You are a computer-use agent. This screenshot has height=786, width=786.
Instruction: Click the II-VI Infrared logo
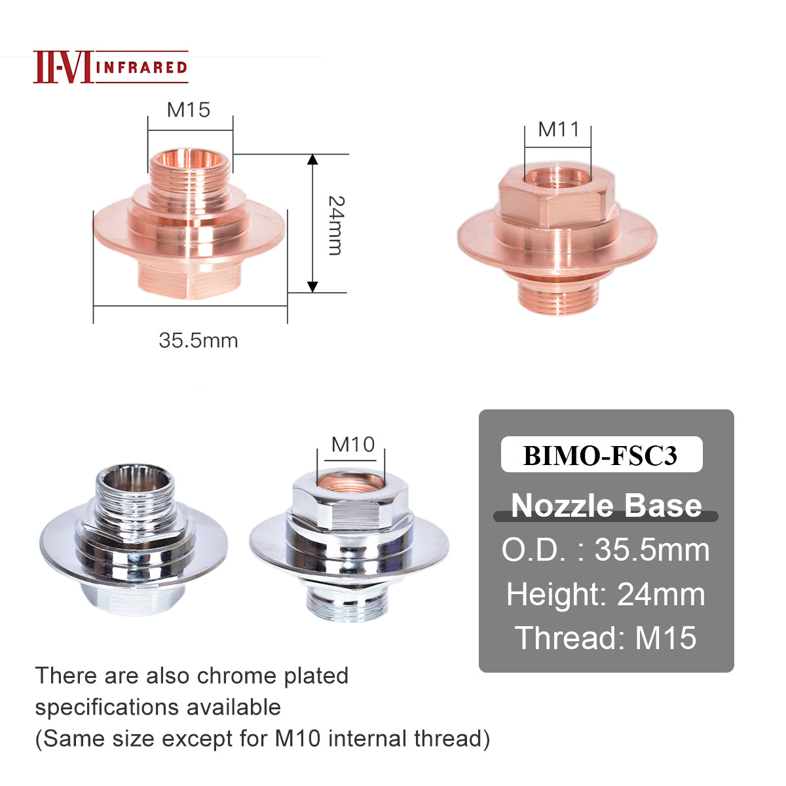[x=110, y=67]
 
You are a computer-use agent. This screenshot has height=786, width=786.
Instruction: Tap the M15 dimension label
[x=189, y=109]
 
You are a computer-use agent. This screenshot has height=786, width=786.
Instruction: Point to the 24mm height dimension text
[x=335, y=225]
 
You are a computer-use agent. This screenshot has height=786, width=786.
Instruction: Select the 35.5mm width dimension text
[x=198, y=341]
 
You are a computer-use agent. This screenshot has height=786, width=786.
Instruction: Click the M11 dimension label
[x=558, y=129]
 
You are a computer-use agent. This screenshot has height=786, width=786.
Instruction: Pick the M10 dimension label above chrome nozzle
[x=352, y=445]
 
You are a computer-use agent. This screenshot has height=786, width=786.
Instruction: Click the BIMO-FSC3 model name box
[x=601, y=455]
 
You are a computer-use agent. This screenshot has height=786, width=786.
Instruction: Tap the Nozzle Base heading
[x=606, y=505]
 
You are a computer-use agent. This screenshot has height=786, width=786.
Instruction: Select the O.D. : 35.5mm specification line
[x=606, y=550]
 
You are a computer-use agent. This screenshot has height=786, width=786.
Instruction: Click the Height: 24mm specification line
[x=606, y=594]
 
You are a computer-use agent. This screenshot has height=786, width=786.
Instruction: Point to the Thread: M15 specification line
[x=606, y=638]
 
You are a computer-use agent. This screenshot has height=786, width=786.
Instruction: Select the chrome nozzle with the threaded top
[x=133, y=540]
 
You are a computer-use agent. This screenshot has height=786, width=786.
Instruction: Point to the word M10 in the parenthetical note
[x=297, y=738]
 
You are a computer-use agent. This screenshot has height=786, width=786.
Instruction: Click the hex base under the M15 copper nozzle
[x=190, y=278]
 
